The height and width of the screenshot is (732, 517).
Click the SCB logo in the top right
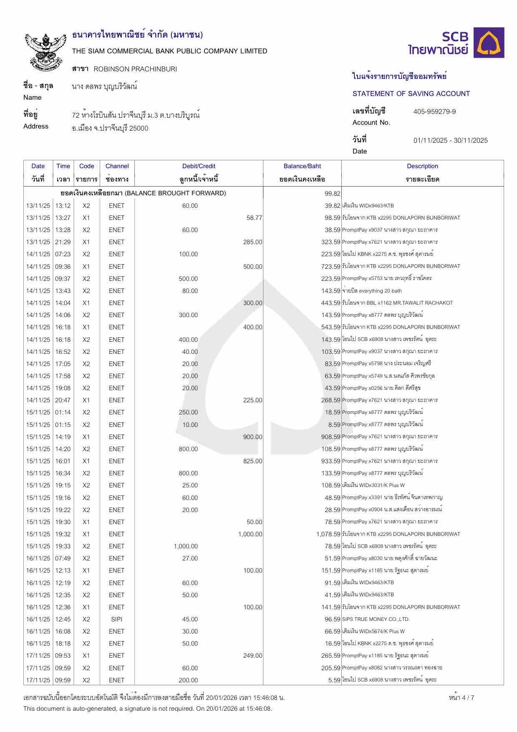pos(456,43)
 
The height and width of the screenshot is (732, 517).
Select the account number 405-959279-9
pos(434,111)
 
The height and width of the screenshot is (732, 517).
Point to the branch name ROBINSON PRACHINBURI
pos(135,69)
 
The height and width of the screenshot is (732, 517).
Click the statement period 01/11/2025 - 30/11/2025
pos(450,140)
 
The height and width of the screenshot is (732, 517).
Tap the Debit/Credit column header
pos(199,166)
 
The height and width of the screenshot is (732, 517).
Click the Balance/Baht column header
pos(302,166)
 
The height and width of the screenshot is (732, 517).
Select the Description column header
pos(422,166)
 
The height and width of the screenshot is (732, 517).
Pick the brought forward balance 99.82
pos(333,193)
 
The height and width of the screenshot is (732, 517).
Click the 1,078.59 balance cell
pos(328,534)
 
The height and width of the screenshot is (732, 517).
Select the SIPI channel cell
pos(117,619)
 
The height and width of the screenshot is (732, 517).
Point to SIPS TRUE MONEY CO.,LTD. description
pos(376,619)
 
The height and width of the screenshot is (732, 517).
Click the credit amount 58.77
pos(254,218)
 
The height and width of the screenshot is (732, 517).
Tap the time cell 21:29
pos(63,242)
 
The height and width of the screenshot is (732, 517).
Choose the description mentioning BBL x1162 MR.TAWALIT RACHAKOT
pos(397,303)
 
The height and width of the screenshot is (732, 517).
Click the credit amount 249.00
pos(252,656)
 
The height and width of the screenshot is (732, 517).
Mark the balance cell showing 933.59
pos(331,461)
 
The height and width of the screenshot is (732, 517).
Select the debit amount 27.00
pos(190,558)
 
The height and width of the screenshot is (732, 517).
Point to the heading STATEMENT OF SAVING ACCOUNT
pos(411,93)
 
